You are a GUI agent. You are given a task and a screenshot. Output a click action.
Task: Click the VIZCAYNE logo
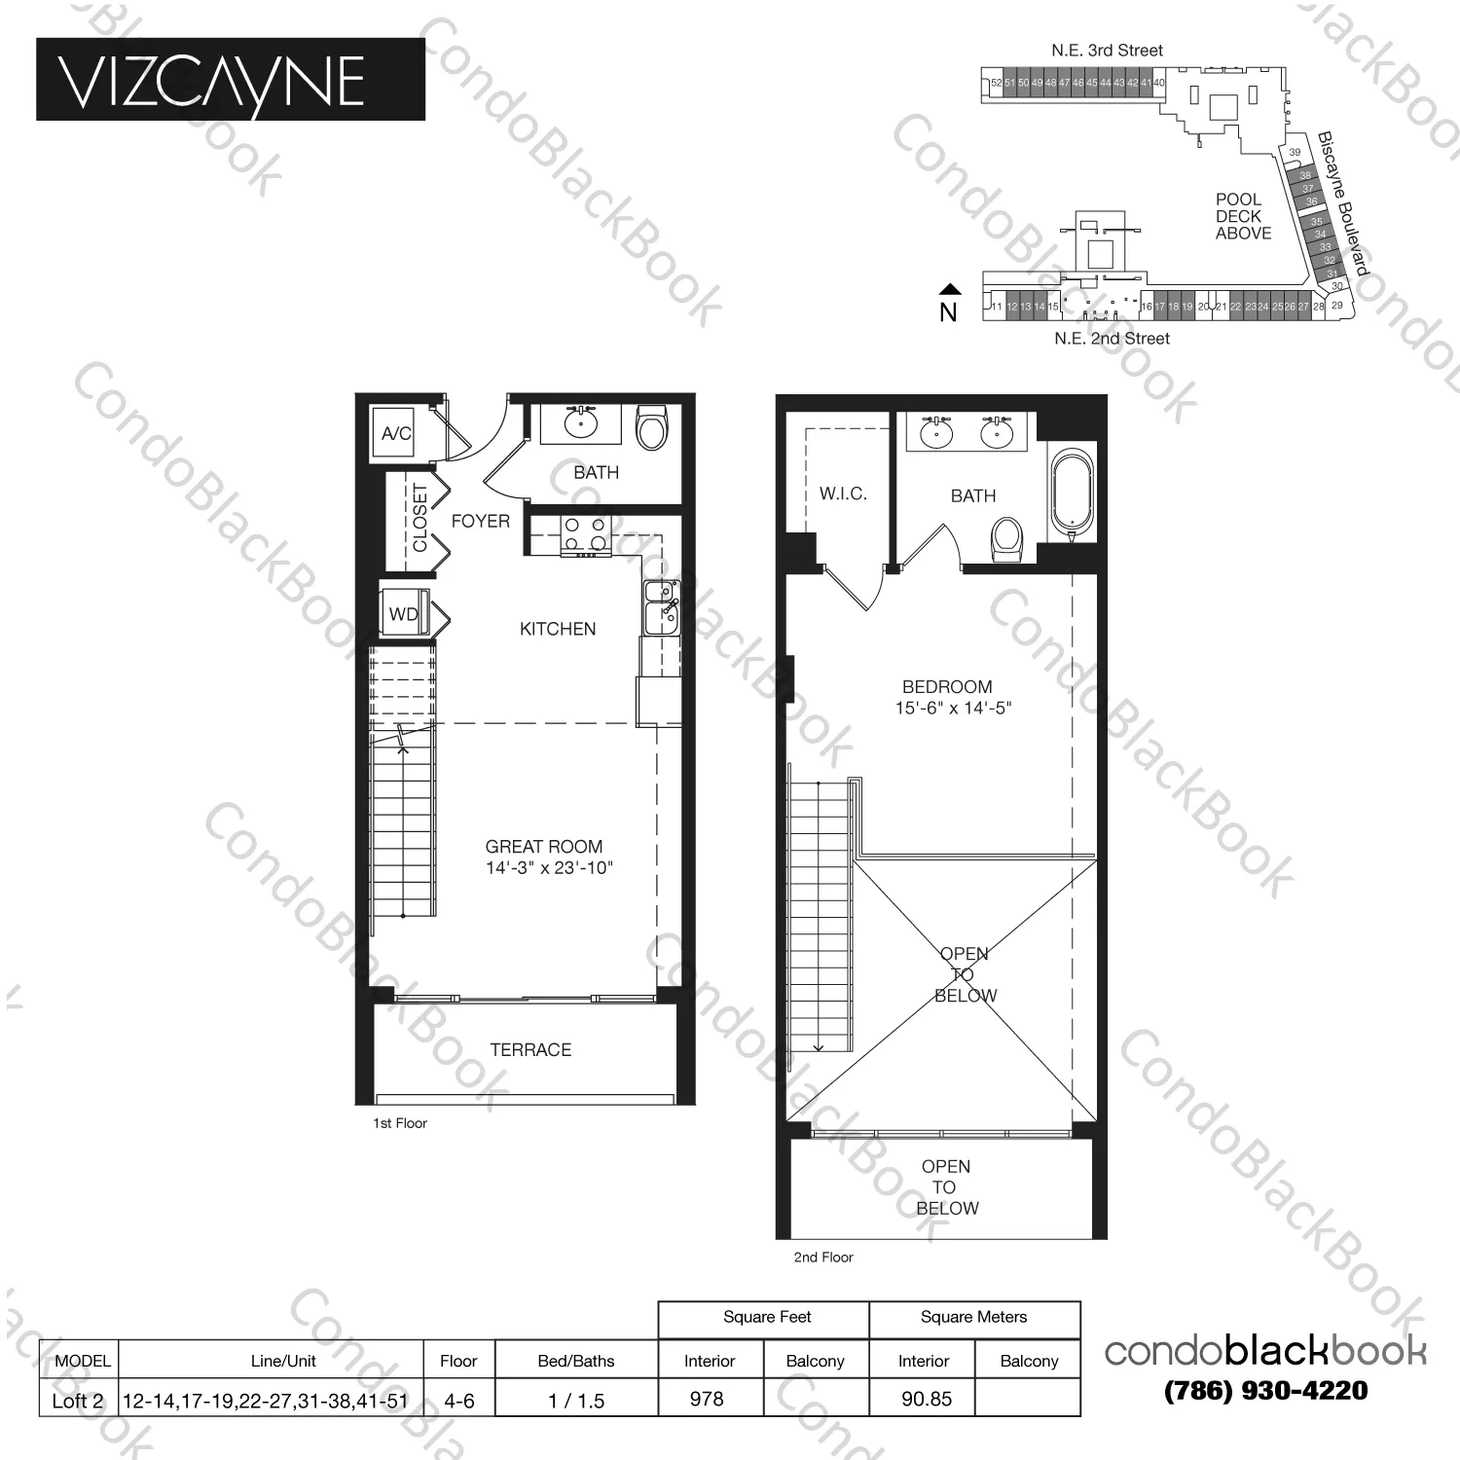pos(230,80)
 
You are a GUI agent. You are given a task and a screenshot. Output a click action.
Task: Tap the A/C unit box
pos(395,433)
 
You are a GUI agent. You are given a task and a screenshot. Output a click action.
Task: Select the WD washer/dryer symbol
pos(405,613)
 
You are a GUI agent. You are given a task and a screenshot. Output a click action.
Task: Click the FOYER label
pos(480,522)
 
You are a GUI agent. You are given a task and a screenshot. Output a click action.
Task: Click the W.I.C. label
pos(843,494)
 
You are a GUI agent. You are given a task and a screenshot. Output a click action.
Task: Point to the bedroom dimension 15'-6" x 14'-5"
pos(953,709)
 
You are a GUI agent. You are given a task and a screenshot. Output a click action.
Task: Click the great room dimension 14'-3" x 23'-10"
pos(549,868)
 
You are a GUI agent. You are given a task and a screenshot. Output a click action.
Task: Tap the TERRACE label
pos(530,1050)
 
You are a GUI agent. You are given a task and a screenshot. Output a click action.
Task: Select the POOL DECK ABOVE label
pos(1243,216)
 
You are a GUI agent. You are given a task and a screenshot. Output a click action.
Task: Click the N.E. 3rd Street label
pos(1107,51)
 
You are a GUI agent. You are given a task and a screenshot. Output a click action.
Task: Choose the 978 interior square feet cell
pos(708,1399)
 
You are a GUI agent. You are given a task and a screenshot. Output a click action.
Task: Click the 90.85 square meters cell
pos(926,1399)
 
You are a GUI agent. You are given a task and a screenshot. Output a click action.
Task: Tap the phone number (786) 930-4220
pos(1265,1391)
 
